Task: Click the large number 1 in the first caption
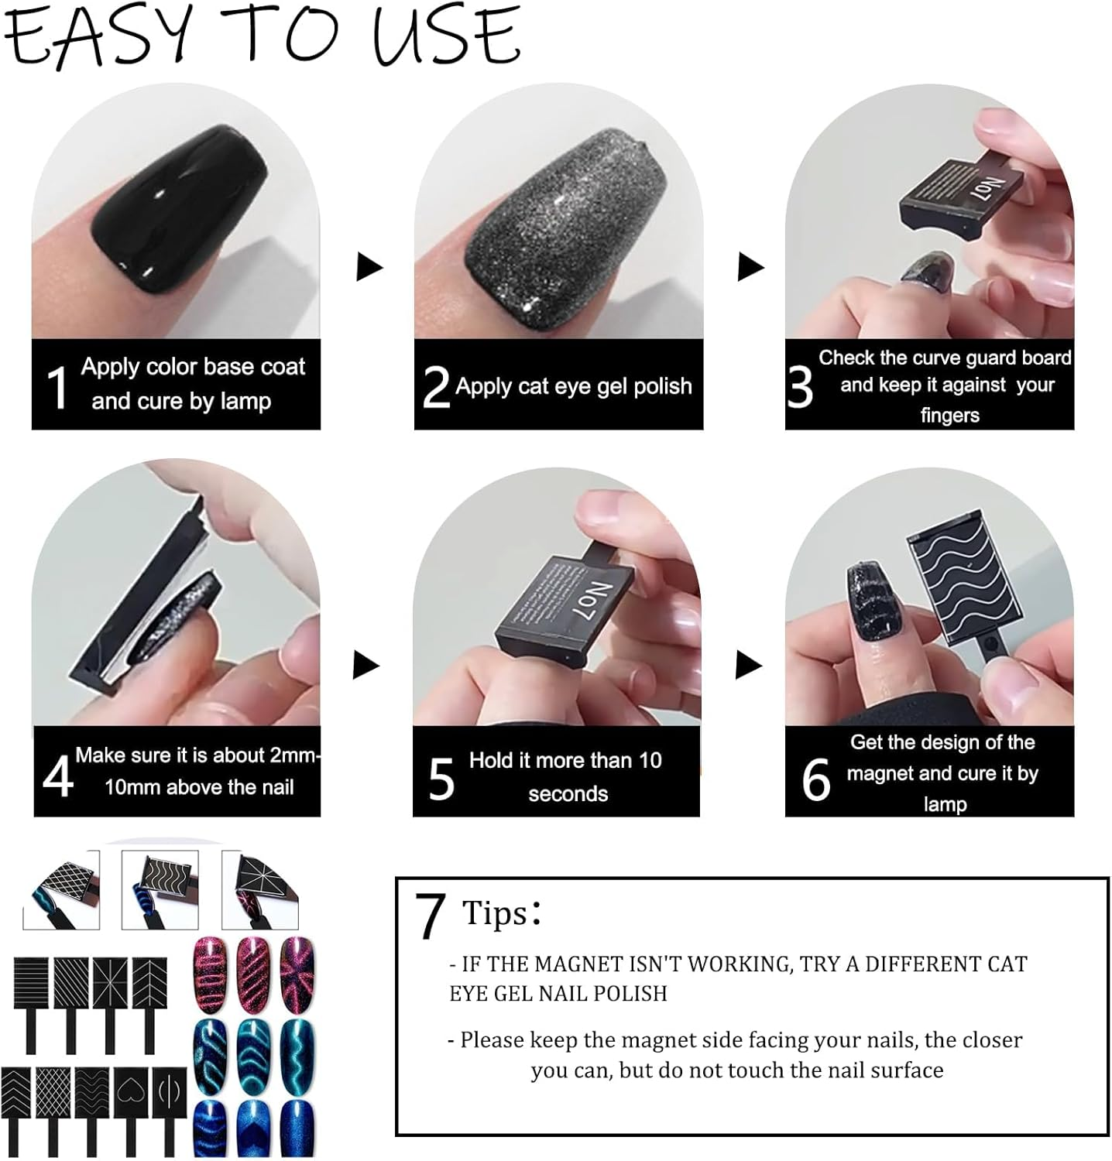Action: pyautogui.click(x=57, y=386)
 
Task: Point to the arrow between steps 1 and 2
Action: pyautogui.click(x=369, y=267)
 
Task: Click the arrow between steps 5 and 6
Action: pyautogui.click(x=747, y=665)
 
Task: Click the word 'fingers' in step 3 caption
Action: pyautogui.click(x=949, y=416)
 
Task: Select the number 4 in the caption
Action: pyautogui.click(x=58, y=776)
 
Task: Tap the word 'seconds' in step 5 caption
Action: pyautogui.click(x=568, y=794)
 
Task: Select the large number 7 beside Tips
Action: pyautogui.click(x=430, y=916)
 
